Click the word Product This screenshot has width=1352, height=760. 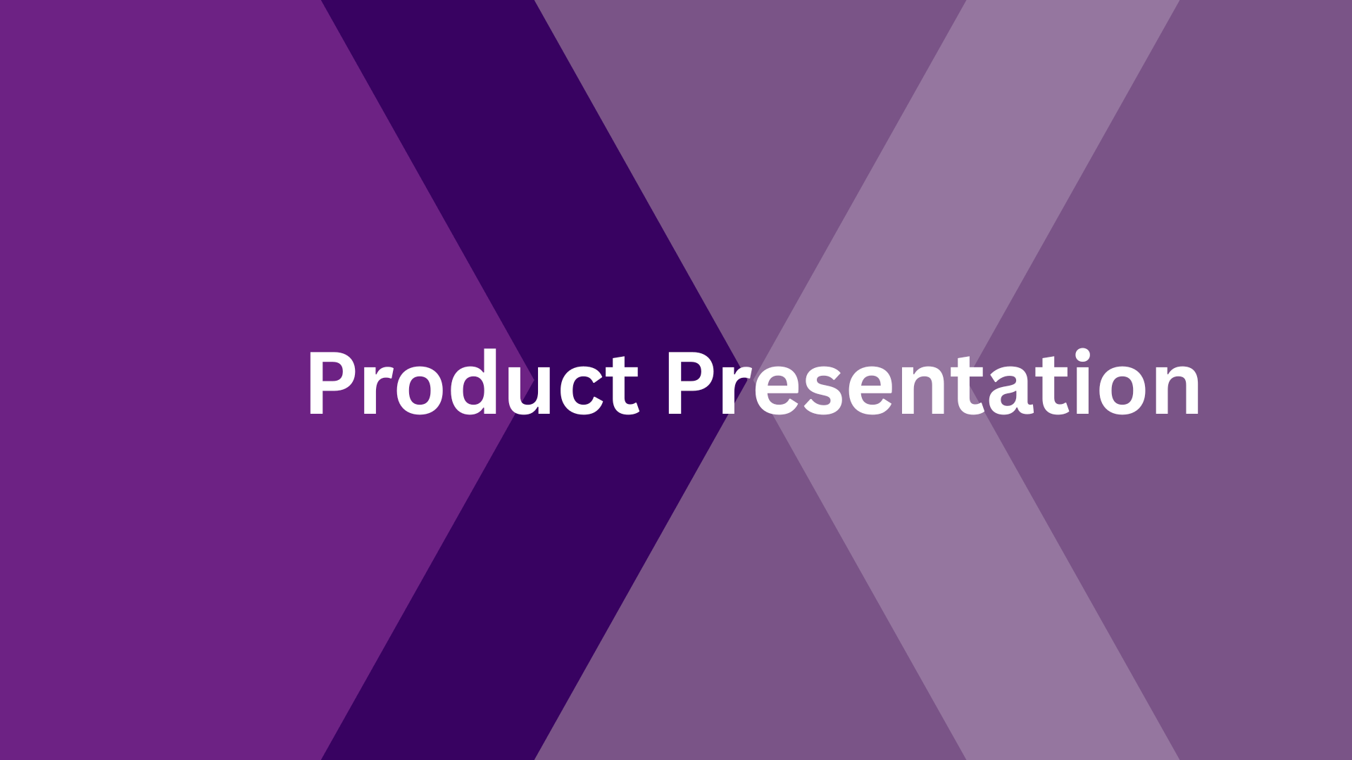pos(473,384)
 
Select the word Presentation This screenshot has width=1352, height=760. pos(933,384)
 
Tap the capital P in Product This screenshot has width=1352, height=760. pos(331,384)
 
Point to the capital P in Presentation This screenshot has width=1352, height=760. pos(690,384)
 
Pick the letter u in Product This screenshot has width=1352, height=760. pos(534,391)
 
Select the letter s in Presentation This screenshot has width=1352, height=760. pos(819,391)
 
